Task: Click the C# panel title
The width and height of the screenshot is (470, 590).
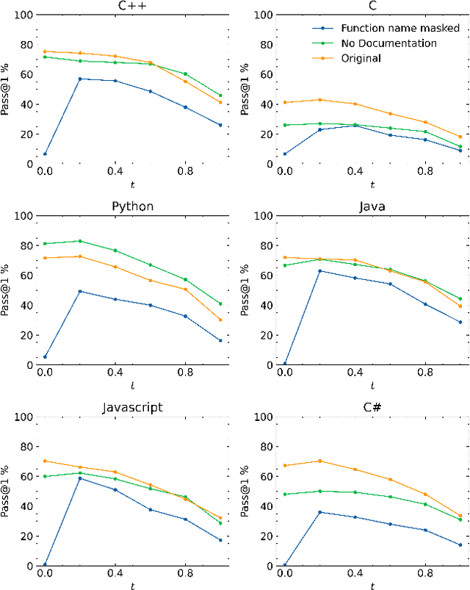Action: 372,407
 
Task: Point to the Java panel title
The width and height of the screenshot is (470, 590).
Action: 372,206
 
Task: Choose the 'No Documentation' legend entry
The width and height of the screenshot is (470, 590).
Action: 388,43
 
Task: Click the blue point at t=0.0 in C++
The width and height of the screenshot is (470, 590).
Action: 45,154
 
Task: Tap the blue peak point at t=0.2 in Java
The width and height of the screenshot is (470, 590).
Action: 319,271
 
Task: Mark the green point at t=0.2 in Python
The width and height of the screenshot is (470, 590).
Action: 80,241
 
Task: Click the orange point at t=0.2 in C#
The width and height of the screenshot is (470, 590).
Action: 319,461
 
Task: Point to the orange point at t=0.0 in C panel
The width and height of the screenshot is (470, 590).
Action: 284,102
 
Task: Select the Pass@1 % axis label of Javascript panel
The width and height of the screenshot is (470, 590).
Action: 6,491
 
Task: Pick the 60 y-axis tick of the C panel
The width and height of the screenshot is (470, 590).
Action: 265,74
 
